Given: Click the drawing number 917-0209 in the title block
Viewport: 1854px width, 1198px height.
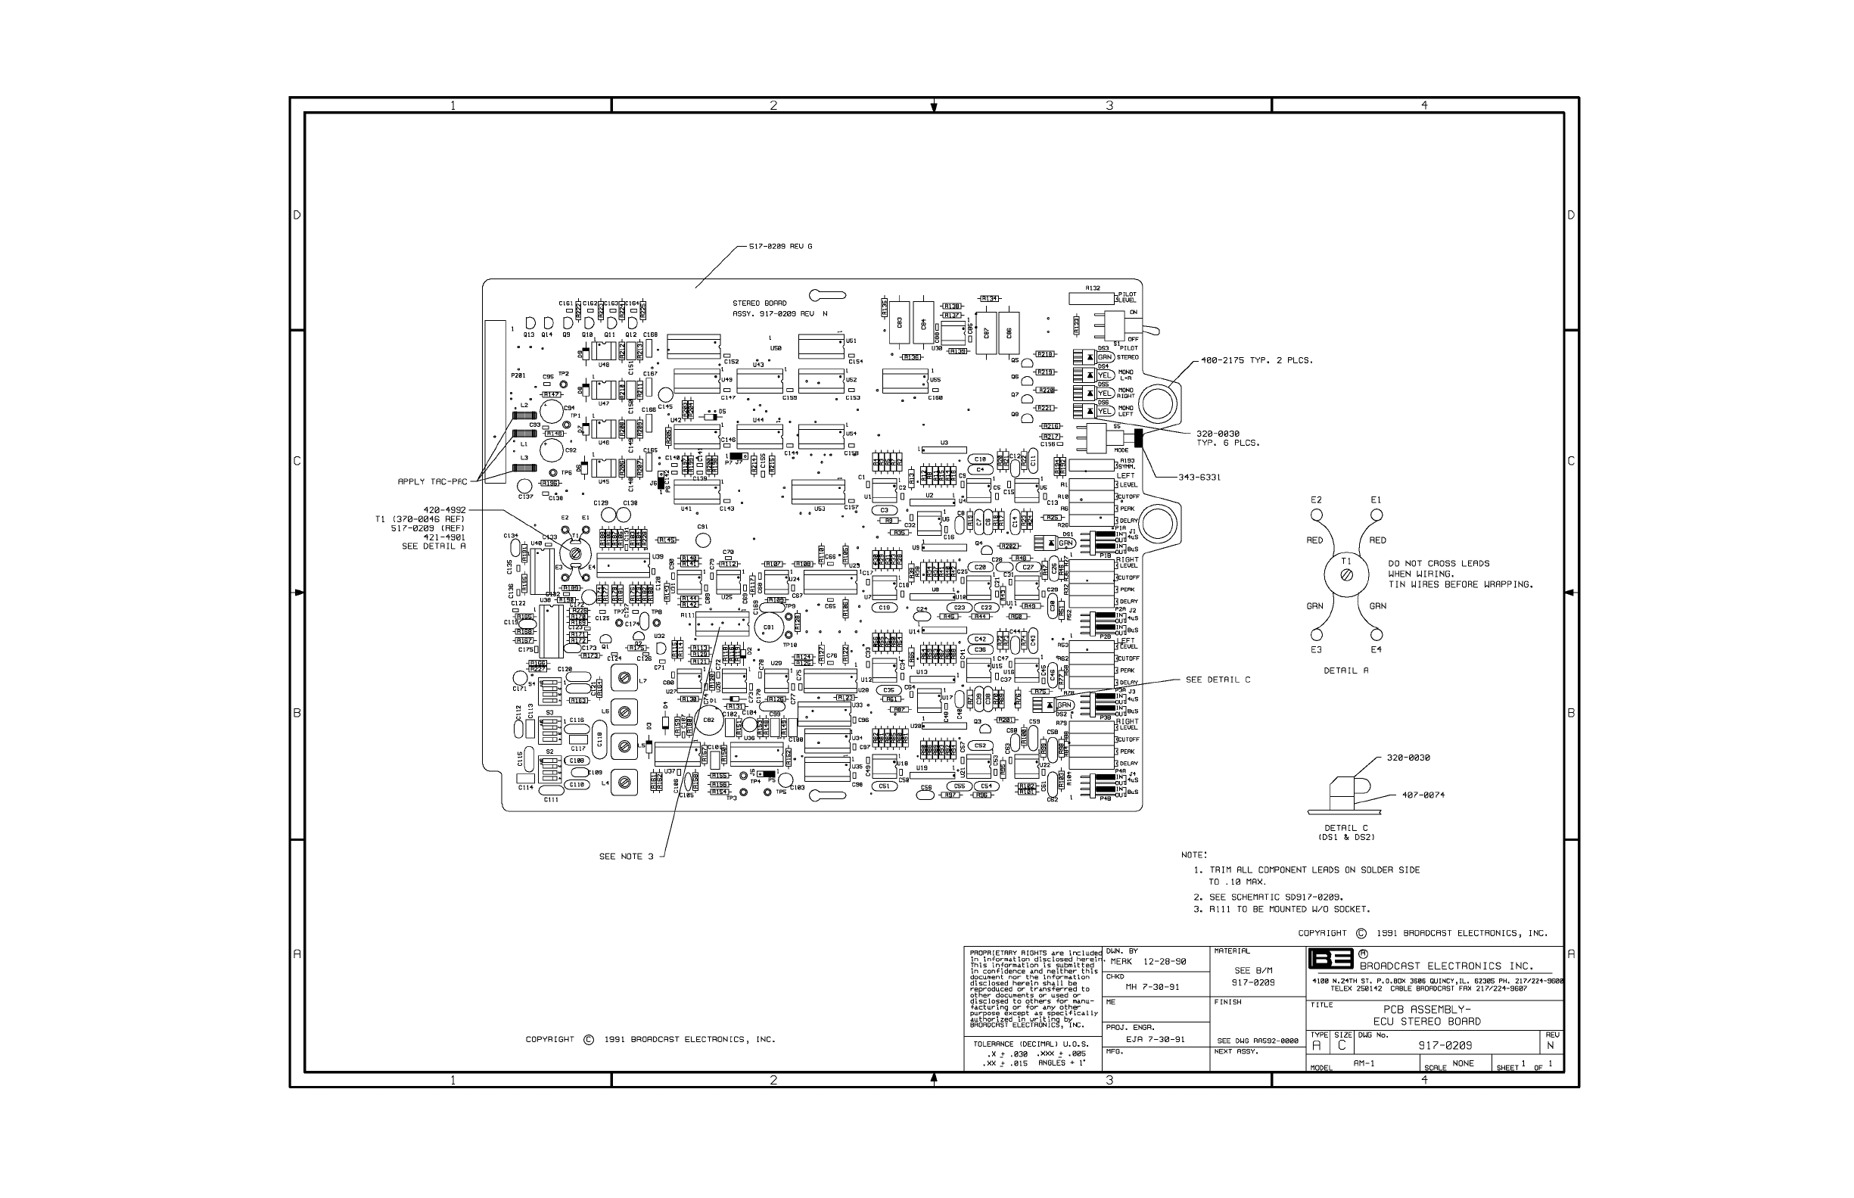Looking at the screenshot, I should pyautogui.click(x=1445, y=1046).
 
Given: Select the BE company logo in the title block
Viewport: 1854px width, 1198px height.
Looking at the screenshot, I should pyautogui.click(x=1330, y=958).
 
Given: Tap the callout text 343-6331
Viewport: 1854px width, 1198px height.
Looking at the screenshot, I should pyautogui.click(x=1199, y=478).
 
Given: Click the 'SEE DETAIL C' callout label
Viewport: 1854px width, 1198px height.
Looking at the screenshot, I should pyautogui.click(x=1218, y=680).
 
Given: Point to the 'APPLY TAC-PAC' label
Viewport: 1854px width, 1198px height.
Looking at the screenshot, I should pyautogui.click(x=432, y=481).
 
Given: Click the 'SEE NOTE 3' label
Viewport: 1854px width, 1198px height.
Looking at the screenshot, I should pyautogui.click(x=626, y=857).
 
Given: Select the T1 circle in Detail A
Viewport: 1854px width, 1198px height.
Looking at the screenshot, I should pyautogui.click(x=1347, y=575).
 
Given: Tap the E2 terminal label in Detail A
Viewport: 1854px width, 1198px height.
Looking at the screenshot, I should pyautogui.click(x=1316, y=500).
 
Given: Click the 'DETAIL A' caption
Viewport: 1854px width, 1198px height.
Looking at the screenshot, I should pyautogui.click(x=1346, y=671).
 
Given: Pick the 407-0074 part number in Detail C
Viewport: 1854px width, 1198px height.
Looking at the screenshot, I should pyautogui.click(x=1423, y=795).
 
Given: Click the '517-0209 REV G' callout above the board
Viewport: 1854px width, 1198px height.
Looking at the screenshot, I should pyautogui.click(x=780, y=247).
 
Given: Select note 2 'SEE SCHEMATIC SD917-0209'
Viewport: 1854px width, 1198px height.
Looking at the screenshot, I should pyautogui.click(x=1275, y=897).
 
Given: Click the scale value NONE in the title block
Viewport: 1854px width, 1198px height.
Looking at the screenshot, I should pyautogui.click(x=1463, y=1063).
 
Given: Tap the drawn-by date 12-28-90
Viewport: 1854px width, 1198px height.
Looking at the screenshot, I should pyautogui.click(x=1164, y=962).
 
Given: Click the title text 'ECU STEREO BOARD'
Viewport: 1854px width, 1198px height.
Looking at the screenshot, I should pyautogui.click(x=1427, y=1022).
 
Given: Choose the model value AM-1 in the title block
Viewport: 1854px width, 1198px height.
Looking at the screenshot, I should pyautogui.click(x=1364, y=1063).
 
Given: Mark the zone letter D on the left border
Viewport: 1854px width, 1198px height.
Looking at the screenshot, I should pyautogui.click(x=297, y=215).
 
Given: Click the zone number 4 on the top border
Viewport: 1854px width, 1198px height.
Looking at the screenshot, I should pyautogui.click(x=1424, y=106).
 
